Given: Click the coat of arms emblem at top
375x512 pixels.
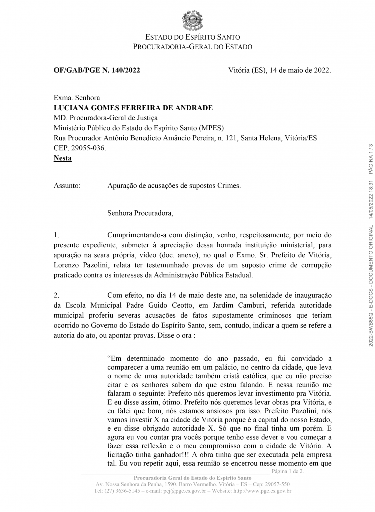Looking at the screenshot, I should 192,20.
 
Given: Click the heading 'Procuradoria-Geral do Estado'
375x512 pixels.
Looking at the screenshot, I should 192,47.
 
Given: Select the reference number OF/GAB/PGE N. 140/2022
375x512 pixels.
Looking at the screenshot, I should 97,70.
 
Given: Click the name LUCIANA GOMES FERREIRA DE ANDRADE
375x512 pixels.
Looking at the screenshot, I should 133,108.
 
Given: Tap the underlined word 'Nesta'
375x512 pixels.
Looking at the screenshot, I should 62,158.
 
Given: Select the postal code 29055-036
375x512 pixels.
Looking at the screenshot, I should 89,148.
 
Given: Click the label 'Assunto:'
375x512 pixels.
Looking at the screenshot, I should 67,186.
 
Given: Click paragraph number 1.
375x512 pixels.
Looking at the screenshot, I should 56,235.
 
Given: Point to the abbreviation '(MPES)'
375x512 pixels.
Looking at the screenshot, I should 211,128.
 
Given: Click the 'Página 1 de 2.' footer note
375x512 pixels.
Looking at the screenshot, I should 291,471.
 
